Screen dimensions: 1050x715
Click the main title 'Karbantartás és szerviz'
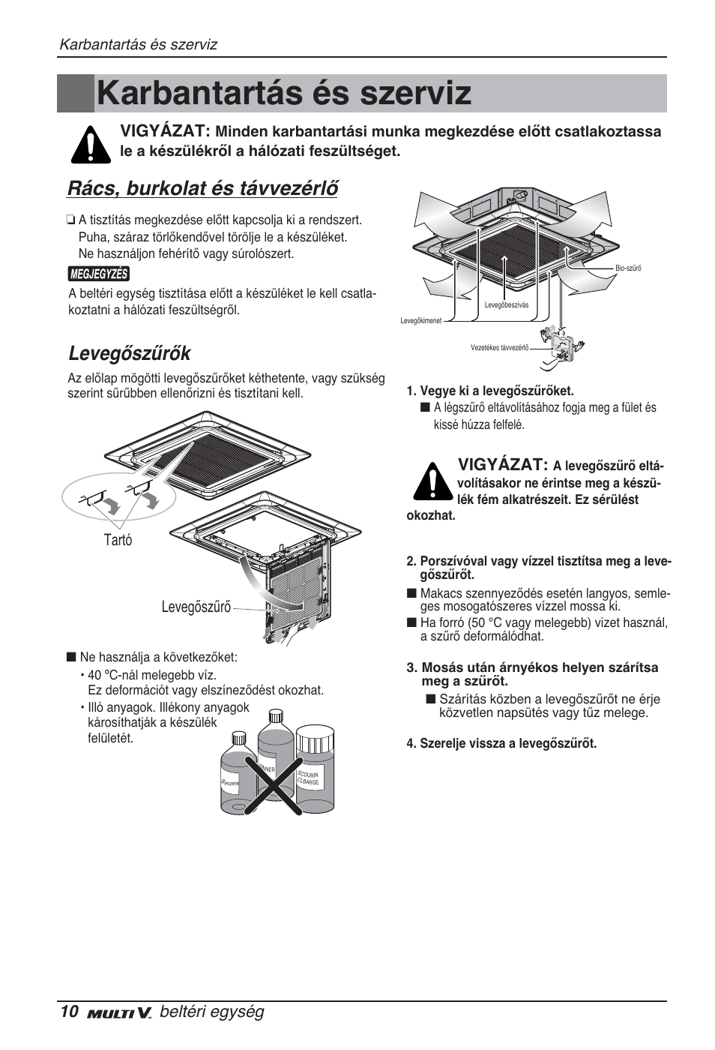click(284, 94)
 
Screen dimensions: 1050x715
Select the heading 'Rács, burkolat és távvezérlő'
click(202, 187)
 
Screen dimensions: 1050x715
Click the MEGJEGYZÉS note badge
click(99, 274)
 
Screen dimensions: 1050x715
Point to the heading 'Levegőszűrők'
click(129, 352)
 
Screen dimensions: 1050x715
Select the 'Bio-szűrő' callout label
click(628, 268)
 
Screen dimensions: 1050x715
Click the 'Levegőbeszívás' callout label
click(507, 304)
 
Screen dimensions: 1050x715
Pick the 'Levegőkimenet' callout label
click(420, 320)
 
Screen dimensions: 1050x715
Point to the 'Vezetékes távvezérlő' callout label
click(500, 347)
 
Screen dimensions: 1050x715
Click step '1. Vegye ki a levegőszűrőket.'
click(490, 391)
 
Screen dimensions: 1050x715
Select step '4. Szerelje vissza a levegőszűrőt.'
click(501, 743)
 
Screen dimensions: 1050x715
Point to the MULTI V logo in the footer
click(119, 1013)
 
